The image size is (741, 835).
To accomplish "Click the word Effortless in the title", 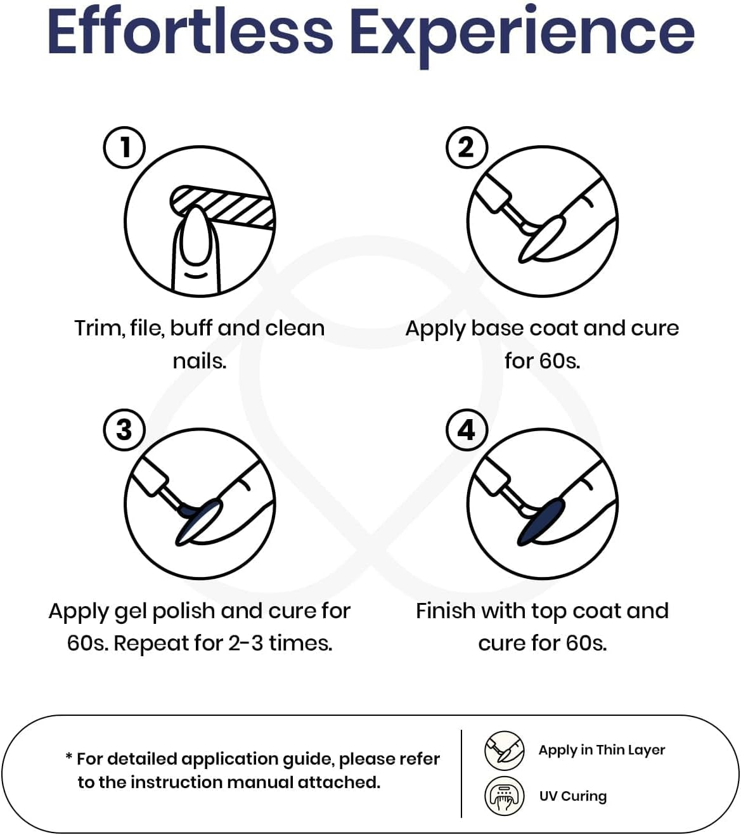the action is (x=190, y=32).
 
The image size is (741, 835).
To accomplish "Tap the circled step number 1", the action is (x=124, y=147).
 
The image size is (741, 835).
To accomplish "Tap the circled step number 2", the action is (x=467, y=147).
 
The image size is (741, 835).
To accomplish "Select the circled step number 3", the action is (x=124, y=429).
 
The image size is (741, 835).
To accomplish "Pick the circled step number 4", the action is (x=467, y=429).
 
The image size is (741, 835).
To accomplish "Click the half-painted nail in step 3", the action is (x=198, y=522).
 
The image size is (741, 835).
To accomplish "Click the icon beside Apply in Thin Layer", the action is (x=505, y=751).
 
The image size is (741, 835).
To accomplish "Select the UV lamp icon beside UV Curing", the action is (x=505, y=796).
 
